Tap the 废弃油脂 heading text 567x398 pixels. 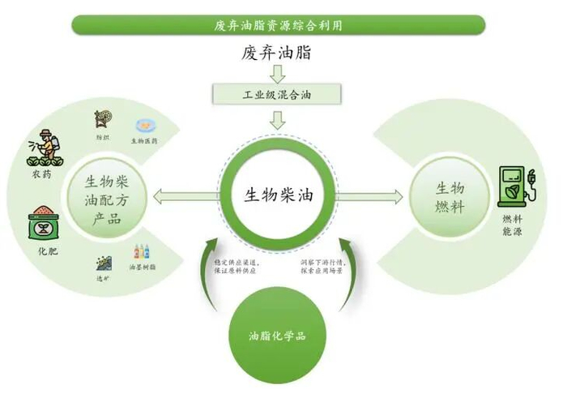(278, 53)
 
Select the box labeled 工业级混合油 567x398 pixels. (278, 94)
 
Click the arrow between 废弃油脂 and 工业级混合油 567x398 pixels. (278, 74)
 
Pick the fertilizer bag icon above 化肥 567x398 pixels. (45, 224)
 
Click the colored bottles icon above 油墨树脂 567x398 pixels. (143, 253)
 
